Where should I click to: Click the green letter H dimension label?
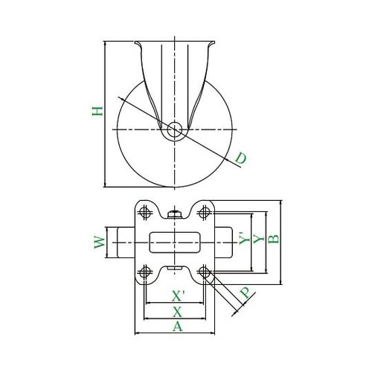click(x=97, y=111)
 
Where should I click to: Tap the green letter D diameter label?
click(x=241, y=158)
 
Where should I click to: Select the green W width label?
click(x=100, y=243)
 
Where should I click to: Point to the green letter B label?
click(x=274, y=239)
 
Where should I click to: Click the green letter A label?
click(x=178, y=326)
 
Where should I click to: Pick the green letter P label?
click(x=246, y=293)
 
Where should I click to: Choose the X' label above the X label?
click(x=178, y=296)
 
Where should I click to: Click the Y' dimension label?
click(x=244, y=238)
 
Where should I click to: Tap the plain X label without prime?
click(x=177, y=312)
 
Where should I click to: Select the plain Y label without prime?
click(x=259, y=239)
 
